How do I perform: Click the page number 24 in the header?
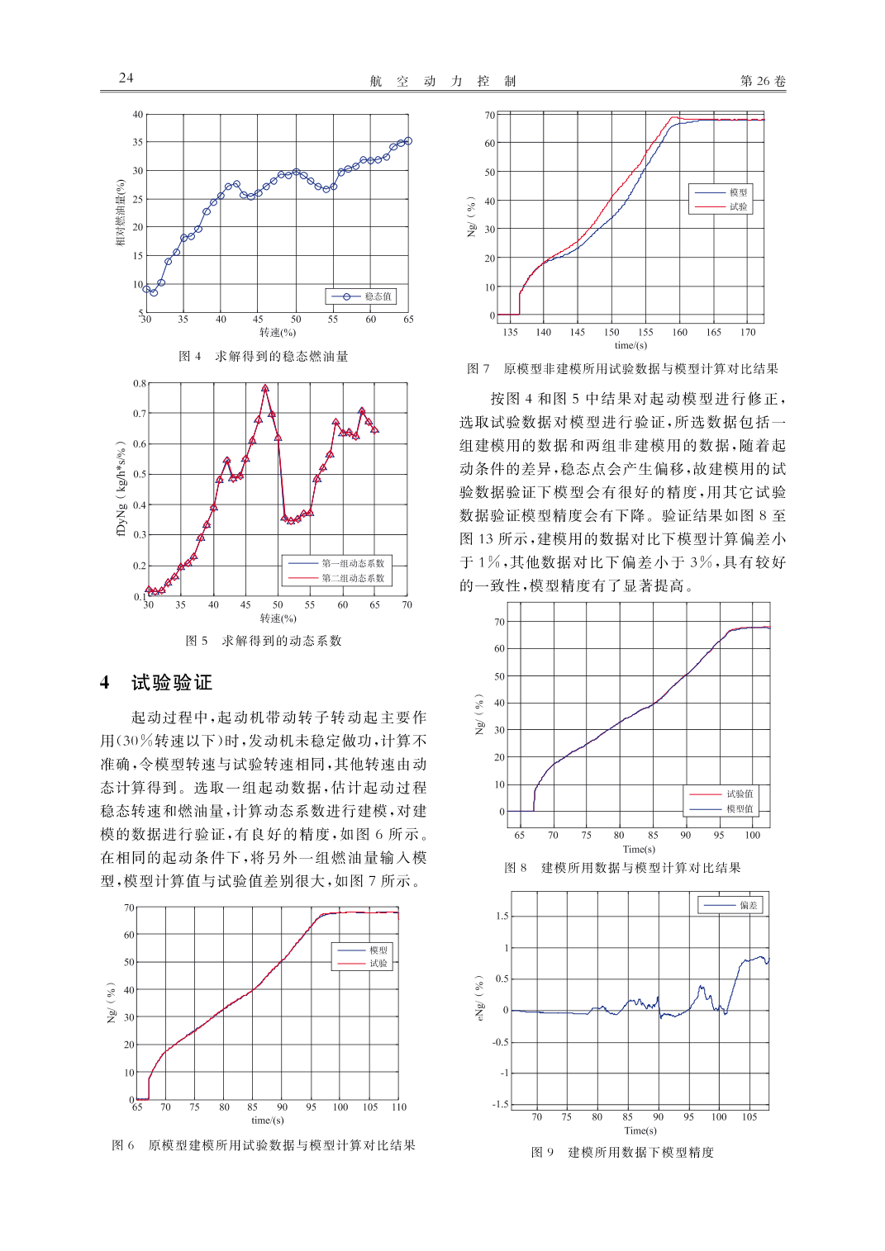click(x=126, y=78)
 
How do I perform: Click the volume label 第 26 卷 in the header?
click(x=763, y=81)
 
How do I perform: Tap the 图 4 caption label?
click(x=190, y=357)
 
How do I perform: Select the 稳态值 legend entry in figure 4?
click(x=378, y=296)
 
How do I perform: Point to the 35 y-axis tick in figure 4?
click(x=138, y=142)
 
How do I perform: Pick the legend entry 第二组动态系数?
click(x=353, y=578)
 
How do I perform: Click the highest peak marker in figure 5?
click(x=265, y=387)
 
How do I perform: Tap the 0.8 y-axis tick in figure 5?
click(x=140, y=384)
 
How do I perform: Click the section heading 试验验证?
click(x=172, y=683)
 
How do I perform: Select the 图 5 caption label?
click(x=197, y=641)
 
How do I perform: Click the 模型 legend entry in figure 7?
click(x=738, y=192)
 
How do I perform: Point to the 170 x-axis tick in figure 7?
click(x=748, y=333)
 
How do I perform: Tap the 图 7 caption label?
click(x=478, y=369)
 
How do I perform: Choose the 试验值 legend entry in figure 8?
click(x=739, y=794)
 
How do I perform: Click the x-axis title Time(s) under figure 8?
click(x=639, y=849)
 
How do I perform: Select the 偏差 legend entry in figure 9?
click(x=748, y=906)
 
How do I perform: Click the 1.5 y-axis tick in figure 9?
click(x=502, y=917)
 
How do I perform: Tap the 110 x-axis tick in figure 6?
click(x=399, y=1107)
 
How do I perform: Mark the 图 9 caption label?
click(x=543, y=1153)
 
